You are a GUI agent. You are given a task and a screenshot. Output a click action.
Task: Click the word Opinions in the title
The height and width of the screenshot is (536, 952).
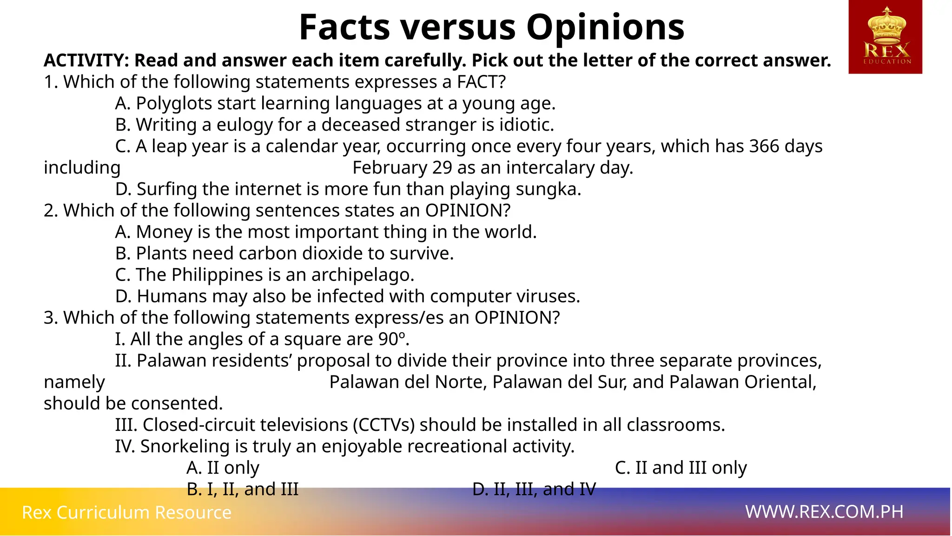(x=605, y=27)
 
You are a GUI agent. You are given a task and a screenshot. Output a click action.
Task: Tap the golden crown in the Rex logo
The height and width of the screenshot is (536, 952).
(x=887, y=26)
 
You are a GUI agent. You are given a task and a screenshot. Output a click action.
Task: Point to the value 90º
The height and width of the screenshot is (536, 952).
(x=393, y=339)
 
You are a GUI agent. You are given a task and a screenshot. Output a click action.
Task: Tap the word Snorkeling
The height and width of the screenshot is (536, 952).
(x=185, y=446)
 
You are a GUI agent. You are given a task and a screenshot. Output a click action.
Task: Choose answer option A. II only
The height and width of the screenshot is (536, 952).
(x=223, y=468)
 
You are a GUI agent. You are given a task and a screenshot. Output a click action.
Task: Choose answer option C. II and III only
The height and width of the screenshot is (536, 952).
(x=681, y=468)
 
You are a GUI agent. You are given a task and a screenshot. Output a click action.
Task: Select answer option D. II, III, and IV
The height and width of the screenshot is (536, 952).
(x=534, y=489)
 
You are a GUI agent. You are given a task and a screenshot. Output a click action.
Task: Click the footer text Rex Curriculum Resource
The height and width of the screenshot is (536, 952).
(x=126, y=512)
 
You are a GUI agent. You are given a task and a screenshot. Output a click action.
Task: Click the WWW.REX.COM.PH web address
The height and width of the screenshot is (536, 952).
(x=824, y=512)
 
